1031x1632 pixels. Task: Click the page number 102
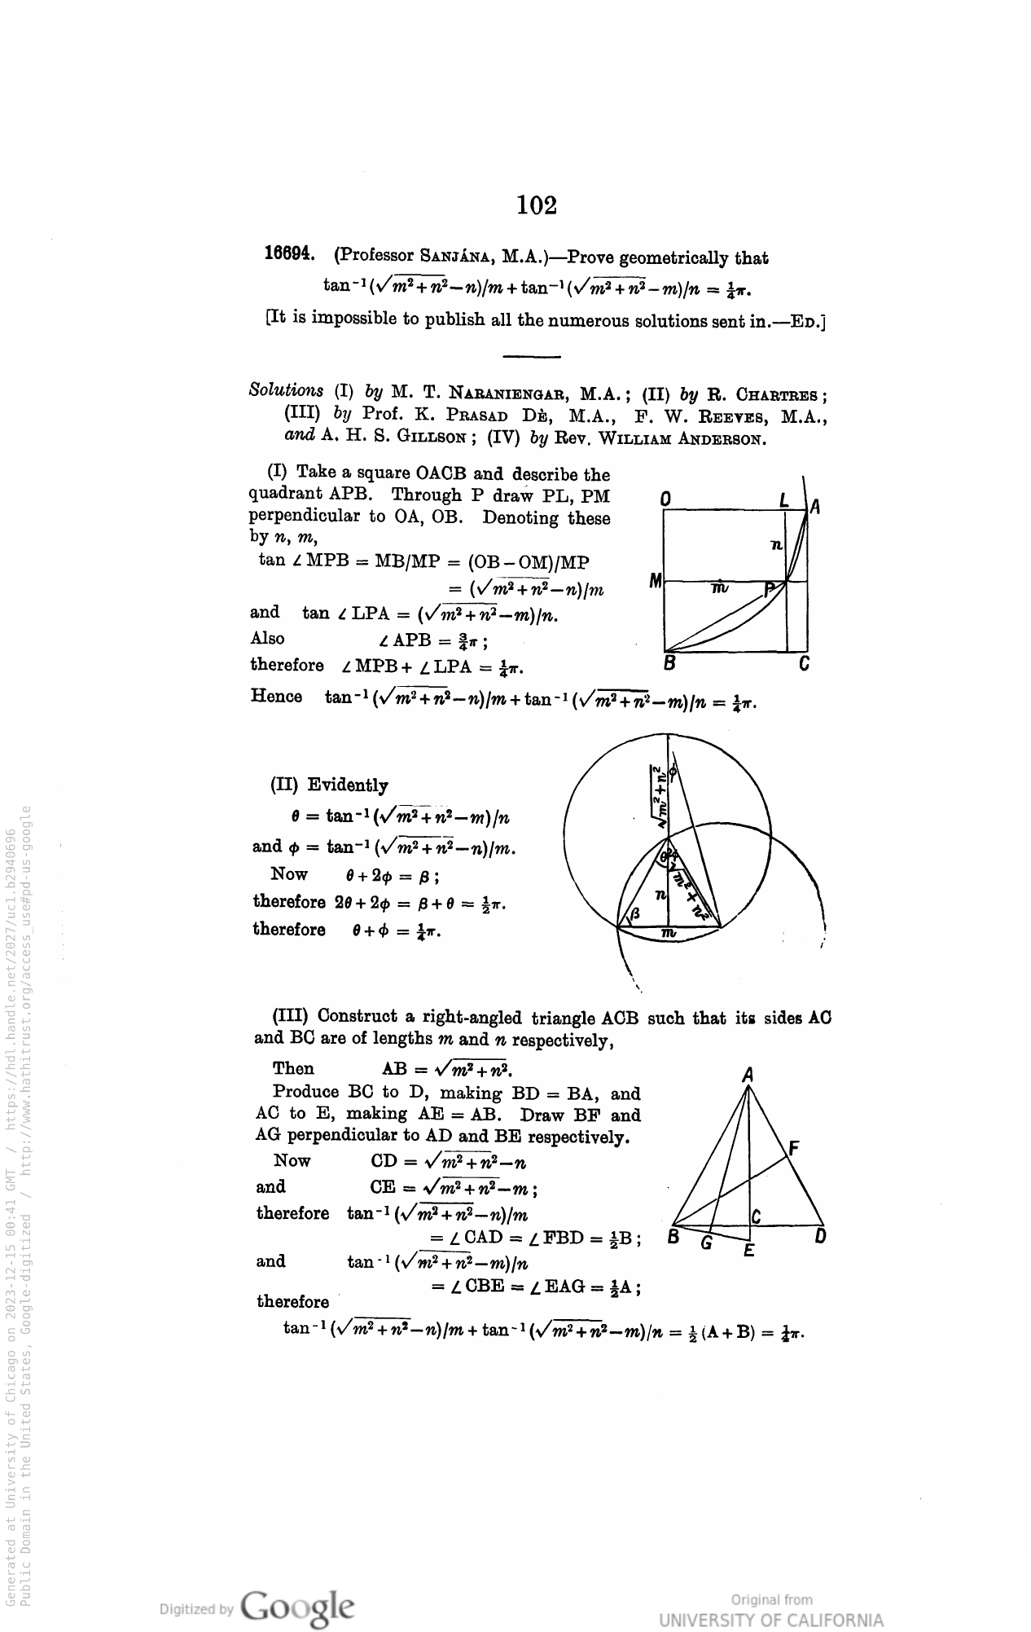tap(537, 205)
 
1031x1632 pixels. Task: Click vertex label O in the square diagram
tap(665, 499)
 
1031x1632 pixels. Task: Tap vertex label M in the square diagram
tap(655, 581)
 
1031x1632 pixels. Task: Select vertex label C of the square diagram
tap(805, 664)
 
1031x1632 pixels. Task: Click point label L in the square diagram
tap(783, 499)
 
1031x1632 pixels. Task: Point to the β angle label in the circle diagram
tap(636, 913)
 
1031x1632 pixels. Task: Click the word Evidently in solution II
tap(348, 785)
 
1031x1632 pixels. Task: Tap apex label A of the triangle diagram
tap(748, 1076)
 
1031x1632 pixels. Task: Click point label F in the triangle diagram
tap(794, 1148)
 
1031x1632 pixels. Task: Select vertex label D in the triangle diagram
tap(821, 1237)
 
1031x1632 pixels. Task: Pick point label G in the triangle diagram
tap(706, 1243)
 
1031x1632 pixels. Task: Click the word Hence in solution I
tap(276, 697)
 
